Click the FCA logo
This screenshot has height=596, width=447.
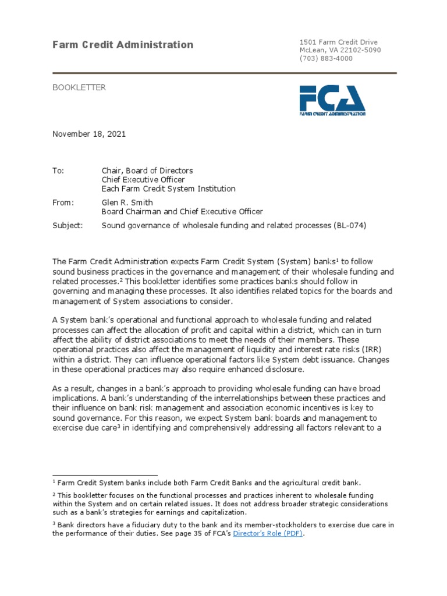click(332, 100)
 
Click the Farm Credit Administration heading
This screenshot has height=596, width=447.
click(123, 45)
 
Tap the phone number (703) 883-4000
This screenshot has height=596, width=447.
click(326, 58)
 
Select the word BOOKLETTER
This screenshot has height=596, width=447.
click(79, 87)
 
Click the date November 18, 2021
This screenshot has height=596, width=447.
click(89, 134)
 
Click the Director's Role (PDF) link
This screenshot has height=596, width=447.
click(268, 533)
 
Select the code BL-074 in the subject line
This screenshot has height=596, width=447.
click(351, 225)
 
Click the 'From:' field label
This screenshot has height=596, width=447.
click(63, 203)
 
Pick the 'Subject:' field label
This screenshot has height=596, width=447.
click(68, 225)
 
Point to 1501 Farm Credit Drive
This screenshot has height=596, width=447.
click(338, 42)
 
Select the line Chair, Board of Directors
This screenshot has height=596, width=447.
click(147, 171)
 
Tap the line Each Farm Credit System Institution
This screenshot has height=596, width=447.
click(169, 189)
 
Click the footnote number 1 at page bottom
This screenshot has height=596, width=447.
click(54, 481)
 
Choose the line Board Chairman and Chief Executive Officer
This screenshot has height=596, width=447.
click(182, 212)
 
